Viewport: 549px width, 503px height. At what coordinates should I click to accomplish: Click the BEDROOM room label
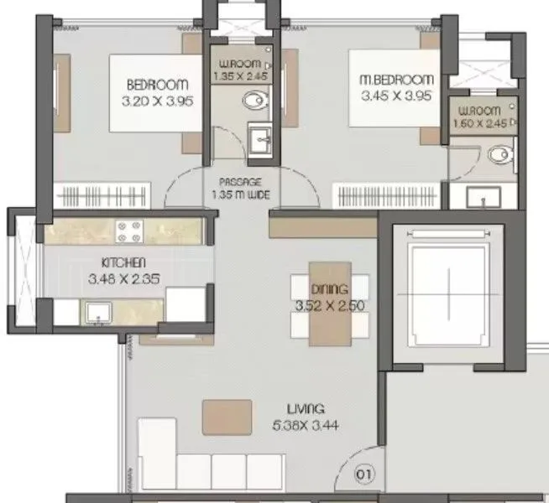157,85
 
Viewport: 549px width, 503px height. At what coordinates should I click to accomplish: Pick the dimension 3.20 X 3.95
157,100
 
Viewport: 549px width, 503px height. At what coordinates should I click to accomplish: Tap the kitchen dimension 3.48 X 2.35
123,277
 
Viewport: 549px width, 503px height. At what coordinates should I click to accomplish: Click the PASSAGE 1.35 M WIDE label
242,191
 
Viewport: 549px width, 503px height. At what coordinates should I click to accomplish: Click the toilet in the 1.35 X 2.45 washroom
252,101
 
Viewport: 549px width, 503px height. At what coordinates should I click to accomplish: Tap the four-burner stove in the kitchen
130,228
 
